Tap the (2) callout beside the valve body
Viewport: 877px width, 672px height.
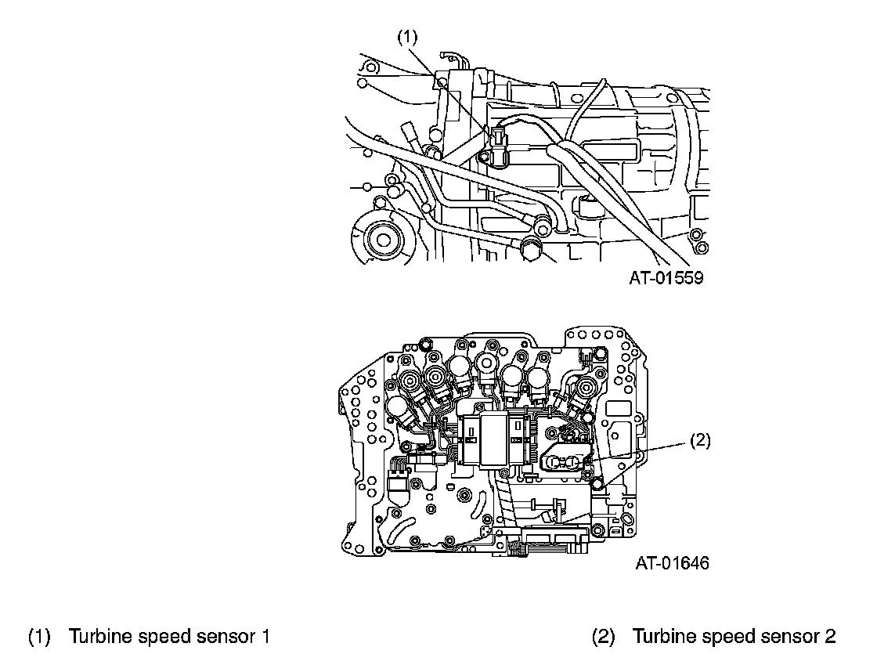coord(699,441)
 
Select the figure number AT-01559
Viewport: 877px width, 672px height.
coord(666,278)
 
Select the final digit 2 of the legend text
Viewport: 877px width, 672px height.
coord(830,637)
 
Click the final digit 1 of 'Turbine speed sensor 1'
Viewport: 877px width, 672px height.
coord(265,637)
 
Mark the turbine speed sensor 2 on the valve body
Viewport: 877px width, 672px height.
coord(564,462)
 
